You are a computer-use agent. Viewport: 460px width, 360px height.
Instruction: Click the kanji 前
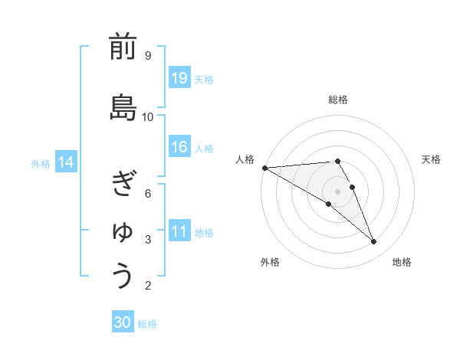(123, 47)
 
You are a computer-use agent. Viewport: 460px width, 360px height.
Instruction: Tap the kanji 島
(123, 108)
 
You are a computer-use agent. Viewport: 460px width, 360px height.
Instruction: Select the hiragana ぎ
(123, 184)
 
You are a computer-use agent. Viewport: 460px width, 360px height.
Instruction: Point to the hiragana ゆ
(123, 231)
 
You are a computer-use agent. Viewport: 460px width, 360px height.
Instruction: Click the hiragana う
(123, 277)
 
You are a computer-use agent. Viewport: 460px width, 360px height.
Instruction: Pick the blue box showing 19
(179, 78)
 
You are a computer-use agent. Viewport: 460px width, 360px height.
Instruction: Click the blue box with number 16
(179, 147)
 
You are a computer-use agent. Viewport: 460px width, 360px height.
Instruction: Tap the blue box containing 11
(179, 231)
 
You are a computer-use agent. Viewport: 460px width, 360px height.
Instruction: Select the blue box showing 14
(66, 162)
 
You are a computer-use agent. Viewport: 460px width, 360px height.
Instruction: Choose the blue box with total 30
(123, 322)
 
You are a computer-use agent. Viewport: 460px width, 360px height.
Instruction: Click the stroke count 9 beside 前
(147, 55)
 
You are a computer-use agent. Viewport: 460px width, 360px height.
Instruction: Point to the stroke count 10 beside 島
(148, 116)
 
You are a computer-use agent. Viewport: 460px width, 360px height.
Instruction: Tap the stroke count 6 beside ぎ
(147, 193)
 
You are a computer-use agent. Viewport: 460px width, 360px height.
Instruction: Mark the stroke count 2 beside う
(147, 286)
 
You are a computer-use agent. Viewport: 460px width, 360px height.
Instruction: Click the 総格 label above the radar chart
(338, 100)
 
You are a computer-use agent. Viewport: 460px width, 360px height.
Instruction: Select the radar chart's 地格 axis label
(402, 262)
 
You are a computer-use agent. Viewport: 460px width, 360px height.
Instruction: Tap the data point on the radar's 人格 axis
(264, 167)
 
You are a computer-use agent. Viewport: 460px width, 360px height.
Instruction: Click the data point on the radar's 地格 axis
(373, 242)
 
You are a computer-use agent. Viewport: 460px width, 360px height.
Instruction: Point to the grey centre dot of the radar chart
(337, 191)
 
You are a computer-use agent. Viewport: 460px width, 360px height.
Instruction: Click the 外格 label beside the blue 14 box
(41, 163)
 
